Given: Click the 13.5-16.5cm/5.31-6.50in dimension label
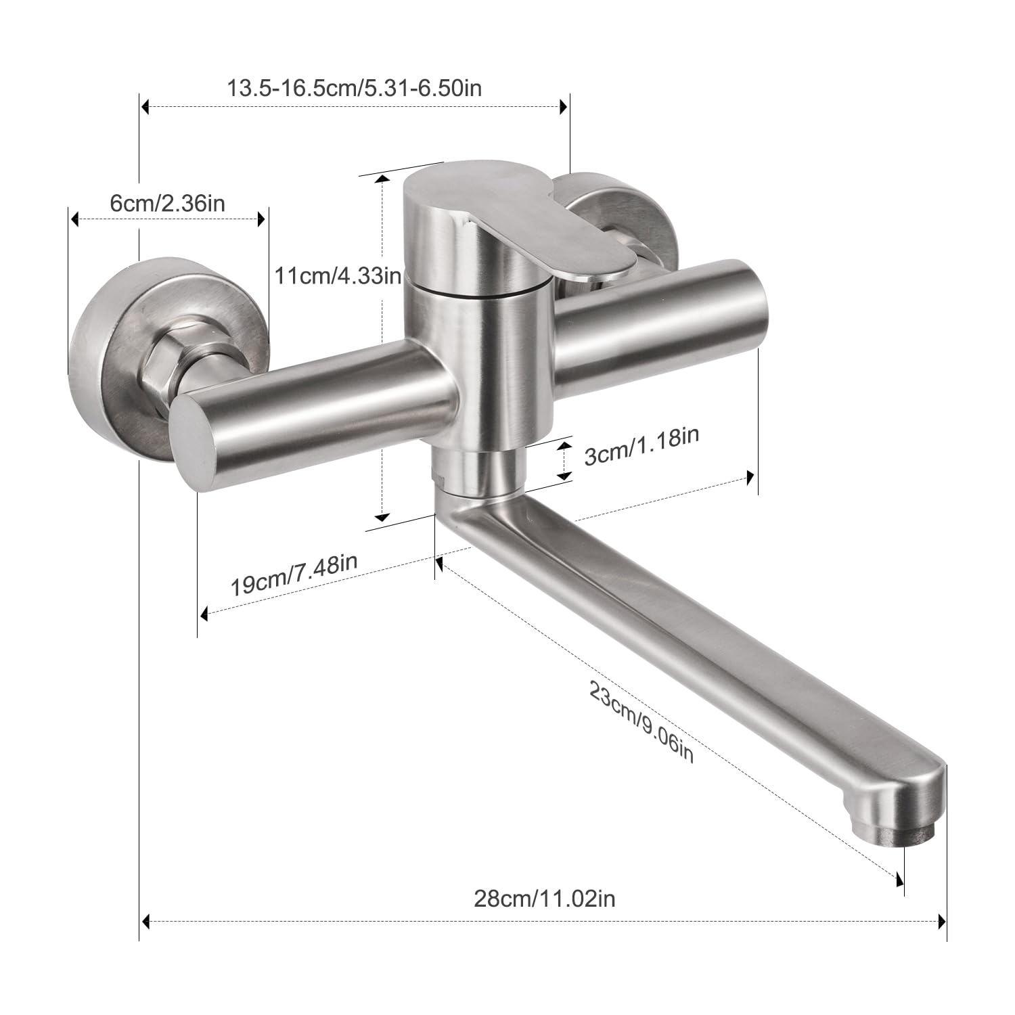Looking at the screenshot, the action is [x=354, y=88].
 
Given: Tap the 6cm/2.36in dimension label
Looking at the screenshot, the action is [x=167, y=203].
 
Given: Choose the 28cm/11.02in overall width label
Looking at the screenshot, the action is [x=544, y=899].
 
